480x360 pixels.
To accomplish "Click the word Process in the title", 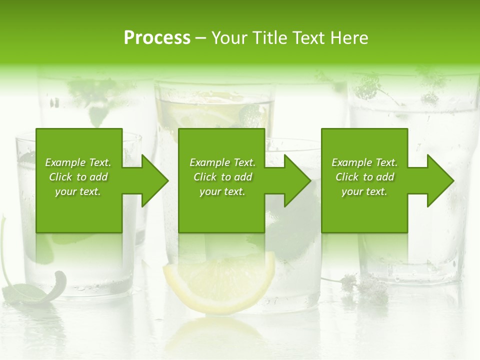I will click(157, 38).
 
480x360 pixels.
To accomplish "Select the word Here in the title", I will click(348, 38).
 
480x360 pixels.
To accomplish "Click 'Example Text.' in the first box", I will click(78, 162).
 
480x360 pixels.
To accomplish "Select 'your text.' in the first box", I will click(78, 191).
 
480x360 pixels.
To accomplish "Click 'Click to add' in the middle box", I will click(222, 177).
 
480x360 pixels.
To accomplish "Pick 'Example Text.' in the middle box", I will click(222, 162).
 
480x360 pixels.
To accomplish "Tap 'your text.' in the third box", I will click(364, 191).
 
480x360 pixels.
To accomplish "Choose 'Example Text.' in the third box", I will click(364, 162).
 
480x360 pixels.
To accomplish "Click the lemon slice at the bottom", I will click(220, 282).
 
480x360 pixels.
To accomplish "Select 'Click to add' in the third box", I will click(364, 177).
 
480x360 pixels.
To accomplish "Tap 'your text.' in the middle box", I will click(222, 191).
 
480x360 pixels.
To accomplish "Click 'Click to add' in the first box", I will click(78, 177).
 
